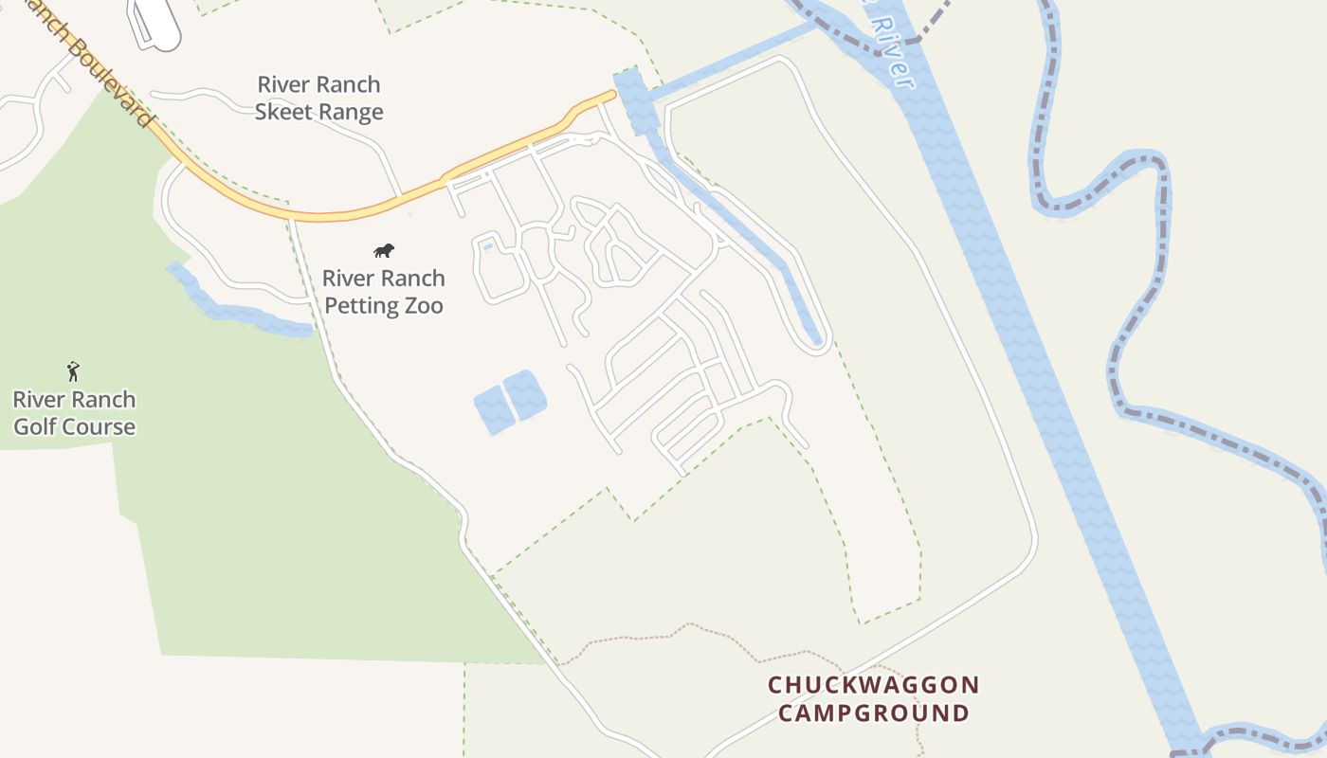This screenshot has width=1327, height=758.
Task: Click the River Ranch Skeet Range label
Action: coord(318,99)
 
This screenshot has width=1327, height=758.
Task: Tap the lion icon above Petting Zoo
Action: coord(384,251)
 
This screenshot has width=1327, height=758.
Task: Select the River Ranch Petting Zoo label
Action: coord(384,292)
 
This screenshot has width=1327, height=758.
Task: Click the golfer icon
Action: coord(73,371)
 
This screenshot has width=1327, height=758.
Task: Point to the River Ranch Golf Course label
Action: coord(74,413)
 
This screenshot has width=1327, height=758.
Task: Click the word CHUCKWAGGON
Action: coord(873,685)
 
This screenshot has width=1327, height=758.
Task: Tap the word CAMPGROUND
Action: coord(873,713)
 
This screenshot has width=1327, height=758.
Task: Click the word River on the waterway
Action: coord(890,52)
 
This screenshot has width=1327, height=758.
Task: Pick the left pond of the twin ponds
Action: coord(493,410)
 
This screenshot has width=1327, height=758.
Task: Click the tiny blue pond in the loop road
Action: coord(488,247)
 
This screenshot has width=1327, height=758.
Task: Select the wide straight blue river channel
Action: coord(1043,379)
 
